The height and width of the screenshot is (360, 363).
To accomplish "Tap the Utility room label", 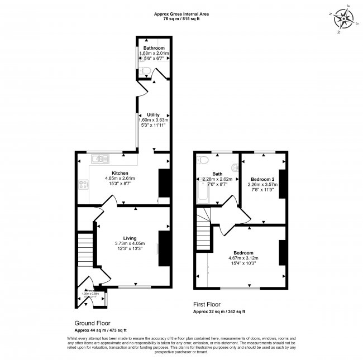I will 153,114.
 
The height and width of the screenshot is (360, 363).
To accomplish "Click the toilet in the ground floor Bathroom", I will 144,70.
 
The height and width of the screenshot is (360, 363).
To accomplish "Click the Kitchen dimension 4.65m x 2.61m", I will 120,179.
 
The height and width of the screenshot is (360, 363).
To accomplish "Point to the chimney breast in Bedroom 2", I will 281,184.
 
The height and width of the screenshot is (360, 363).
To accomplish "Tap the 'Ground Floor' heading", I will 92,323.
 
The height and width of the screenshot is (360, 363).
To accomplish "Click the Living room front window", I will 134,287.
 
